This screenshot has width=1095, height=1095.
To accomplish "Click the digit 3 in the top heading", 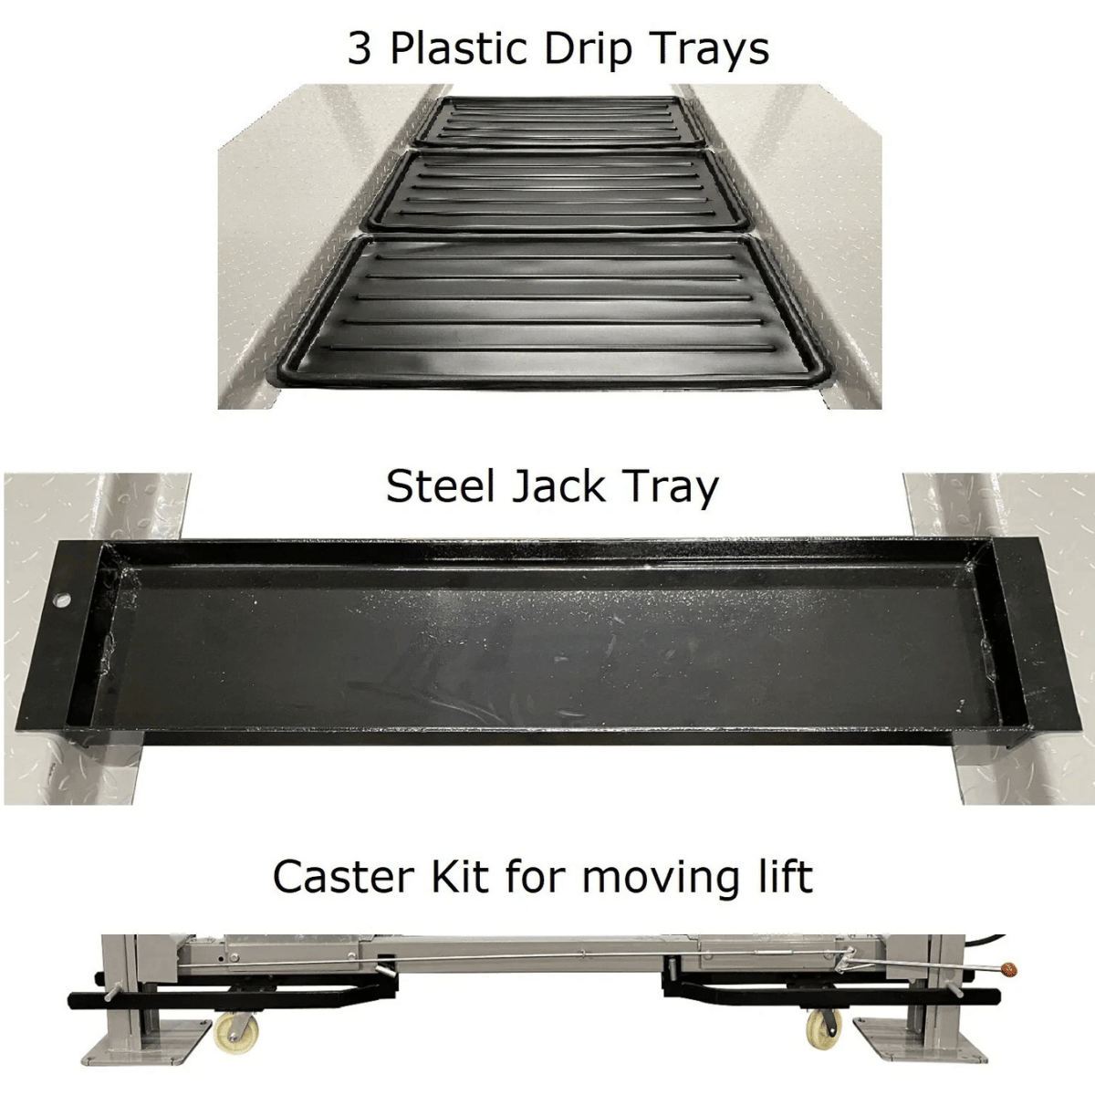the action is tap(360, 48).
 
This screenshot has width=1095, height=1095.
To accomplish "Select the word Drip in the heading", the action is tap(589, 51).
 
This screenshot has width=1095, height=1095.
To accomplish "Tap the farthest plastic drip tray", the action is tap(559, 120).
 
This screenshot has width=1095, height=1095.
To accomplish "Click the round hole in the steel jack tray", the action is tap(62, 599).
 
